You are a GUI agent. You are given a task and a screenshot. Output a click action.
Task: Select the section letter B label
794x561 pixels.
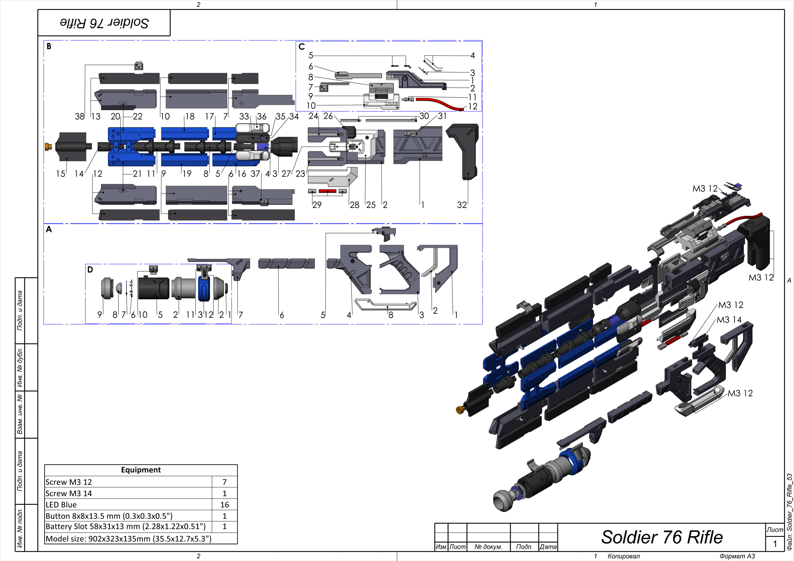click(49, 46)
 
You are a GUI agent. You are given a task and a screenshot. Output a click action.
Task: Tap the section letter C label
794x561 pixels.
click(301, 47)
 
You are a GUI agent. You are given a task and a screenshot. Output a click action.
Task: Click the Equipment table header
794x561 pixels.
click(141, 470)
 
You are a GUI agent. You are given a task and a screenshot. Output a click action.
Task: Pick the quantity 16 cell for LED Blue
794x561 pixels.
click(224, 505)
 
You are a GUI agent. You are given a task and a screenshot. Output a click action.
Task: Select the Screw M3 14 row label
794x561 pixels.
click(69, 493)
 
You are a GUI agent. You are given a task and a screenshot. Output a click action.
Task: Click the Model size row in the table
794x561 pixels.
click(128, 538)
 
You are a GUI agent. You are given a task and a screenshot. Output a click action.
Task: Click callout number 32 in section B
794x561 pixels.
click(462, 205)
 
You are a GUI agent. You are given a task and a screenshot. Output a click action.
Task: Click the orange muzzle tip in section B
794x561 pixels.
click(48, 146)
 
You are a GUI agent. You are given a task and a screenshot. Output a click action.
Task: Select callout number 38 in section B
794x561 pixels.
click(80, 117)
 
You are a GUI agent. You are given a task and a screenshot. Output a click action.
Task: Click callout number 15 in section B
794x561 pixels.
click(61, 174)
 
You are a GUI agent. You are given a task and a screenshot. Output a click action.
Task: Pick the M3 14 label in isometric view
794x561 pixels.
click(729, 320)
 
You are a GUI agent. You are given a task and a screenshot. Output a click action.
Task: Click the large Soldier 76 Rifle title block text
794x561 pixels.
click(661, 537)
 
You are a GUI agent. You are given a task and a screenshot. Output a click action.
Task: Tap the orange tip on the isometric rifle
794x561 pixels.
click(460, 410)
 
